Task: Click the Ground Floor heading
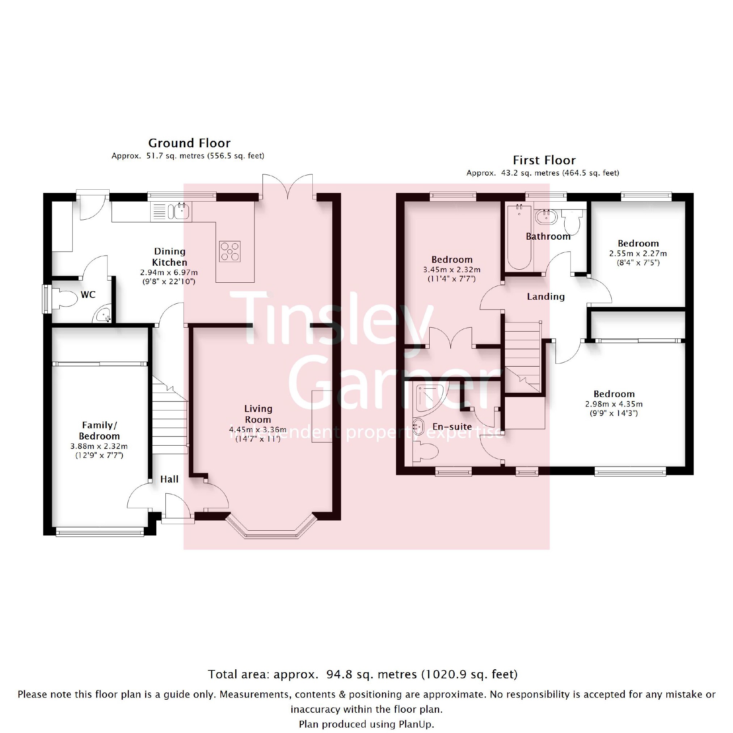pyautogui.click(x=189, y=143)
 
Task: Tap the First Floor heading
pyautogui.click(x=544, y=160)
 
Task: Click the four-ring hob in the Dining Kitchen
pyautogui.click(x=230, y=251)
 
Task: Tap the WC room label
pyautogui.click(x=88, y=294)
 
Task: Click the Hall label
pyautogui.click(x=169, y=479)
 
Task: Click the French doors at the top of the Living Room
pyautogui.click(x=287, y=186)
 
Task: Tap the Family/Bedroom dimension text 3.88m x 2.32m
pyautogui.click(x=99, y=446)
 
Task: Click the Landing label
pyautogui.click(x=545, y=296)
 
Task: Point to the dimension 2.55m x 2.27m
pyautogui.click(x=638, y=253)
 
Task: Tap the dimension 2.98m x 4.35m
pyautogui.click(x=614, y=404)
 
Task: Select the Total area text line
pyautogui.click(x=363, y=674)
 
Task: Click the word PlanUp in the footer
pyautogui.click(x=416, y=724)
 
